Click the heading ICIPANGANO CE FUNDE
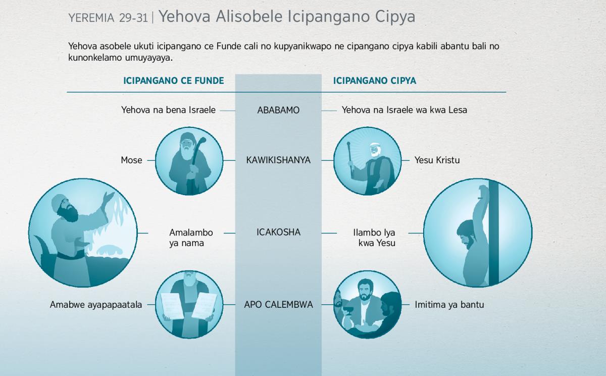click(174, 81)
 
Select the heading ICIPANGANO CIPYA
click(374, 81)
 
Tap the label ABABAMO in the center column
click(278, 110)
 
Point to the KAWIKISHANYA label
click(278, 160)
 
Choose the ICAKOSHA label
click(278, 232)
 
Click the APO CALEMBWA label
click(278, 305)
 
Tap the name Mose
click(131, 160)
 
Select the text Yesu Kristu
click(437, 160)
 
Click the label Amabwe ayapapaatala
click(96, 305)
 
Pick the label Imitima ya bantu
click(449, 305)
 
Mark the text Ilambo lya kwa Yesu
click(374, 238)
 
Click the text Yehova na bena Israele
click(168, 110)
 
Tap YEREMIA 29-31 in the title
click(108, 18)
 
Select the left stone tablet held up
click(172, 306)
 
